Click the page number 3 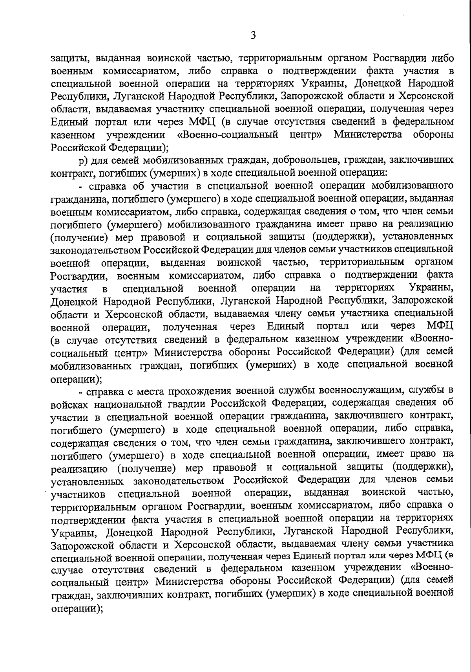pyautogui.click(x=253, y=36)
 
